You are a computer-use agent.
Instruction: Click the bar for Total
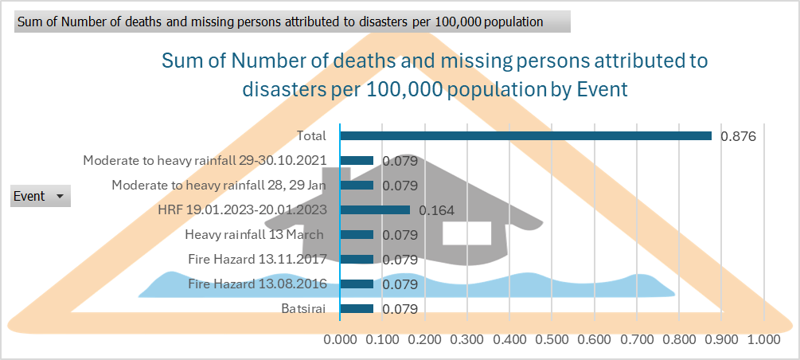525,135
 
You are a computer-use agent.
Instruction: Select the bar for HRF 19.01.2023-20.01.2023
375,209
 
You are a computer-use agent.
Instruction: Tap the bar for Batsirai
357,308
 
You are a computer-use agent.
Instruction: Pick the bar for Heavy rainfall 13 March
357,234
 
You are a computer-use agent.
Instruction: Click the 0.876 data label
737,136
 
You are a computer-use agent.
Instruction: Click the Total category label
311,135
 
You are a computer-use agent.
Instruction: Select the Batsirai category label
303,308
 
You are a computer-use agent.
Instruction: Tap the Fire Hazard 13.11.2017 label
257,259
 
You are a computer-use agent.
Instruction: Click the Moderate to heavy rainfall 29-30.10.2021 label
205,160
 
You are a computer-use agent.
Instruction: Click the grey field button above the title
291,22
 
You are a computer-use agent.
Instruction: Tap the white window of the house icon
466,233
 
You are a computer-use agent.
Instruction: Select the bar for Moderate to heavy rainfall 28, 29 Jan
357,185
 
